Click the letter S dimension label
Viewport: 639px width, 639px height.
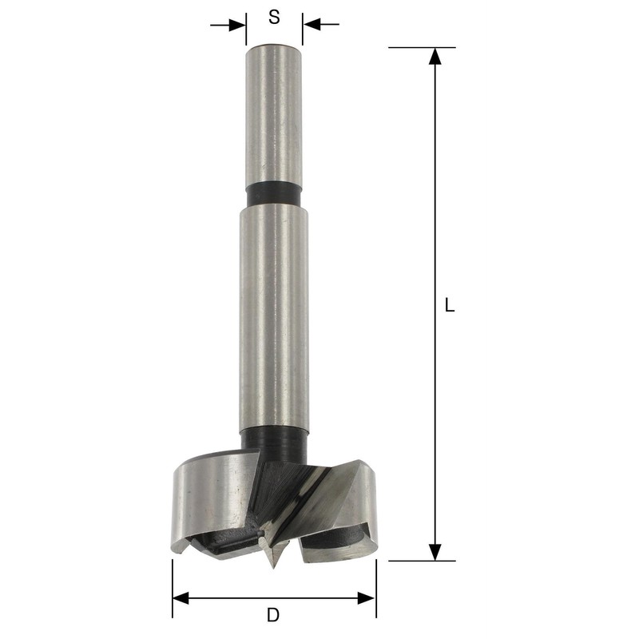274,17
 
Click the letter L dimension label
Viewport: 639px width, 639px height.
449,305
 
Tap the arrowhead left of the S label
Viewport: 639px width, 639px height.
237,25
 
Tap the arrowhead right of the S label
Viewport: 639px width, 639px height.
312,25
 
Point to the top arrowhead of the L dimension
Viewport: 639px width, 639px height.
435,56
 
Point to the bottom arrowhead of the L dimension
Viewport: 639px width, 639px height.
435,552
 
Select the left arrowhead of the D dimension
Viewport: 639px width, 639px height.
181,598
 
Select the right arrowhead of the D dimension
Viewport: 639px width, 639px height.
366,598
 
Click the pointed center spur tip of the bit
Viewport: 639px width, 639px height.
273,567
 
